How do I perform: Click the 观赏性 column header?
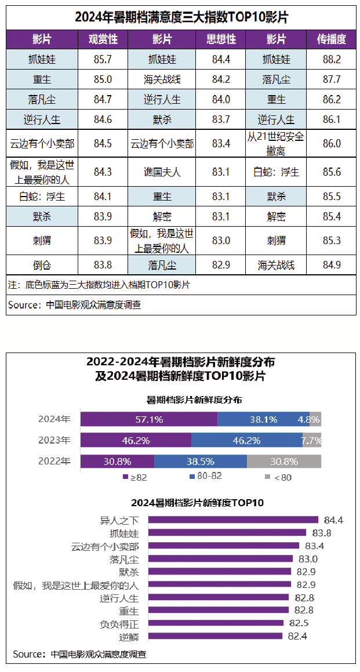point(103,39)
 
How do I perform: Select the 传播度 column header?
point(332,39)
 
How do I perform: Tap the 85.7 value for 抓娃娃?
point(103,59)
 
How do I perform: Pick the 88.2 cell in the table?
point(332,59)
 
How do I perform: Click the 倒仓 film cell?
point(42,265)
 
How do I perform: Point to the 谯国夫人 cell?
point(162,172)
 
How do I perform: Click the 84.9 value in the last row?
point(332,265)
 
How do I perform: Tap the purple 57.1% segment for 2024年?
point(149,419)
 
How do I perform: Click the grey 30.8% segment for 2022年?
point(284,462)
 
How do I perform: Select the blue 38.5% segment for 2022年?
point(201,462)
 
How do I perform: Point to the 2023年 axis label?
point(54,440)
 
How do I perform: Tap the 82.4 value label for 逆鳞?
point(297,636)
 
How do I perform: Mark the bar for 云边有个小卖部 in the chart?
point(224,546)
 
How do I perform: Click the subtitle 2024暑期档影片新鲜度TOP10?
point(197,503)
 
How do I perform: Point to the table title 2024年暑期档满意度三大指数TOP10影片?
point(181,17)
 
